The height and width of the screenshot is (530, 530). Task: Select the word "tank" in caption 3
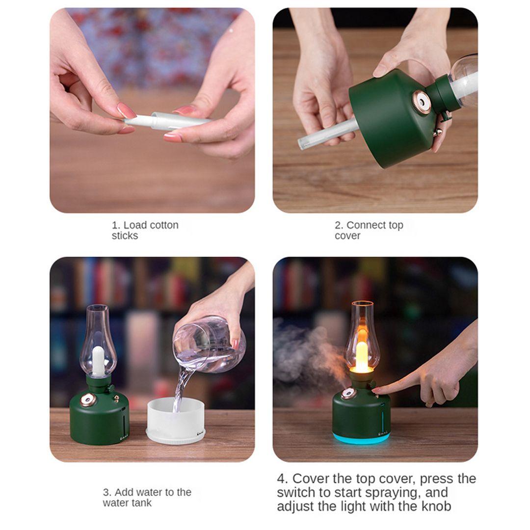tap(141, 503)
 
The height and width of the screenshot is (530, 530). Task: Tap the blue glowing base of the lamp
tap(361, 438)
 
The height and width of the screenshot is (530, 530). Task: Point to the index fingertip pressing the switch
tap(375, 391)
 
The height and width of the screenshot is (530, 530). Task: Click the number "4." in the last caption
tap(283, 479)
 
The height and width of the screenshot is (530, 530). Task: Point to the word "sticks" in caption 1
tap(125, 236)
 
